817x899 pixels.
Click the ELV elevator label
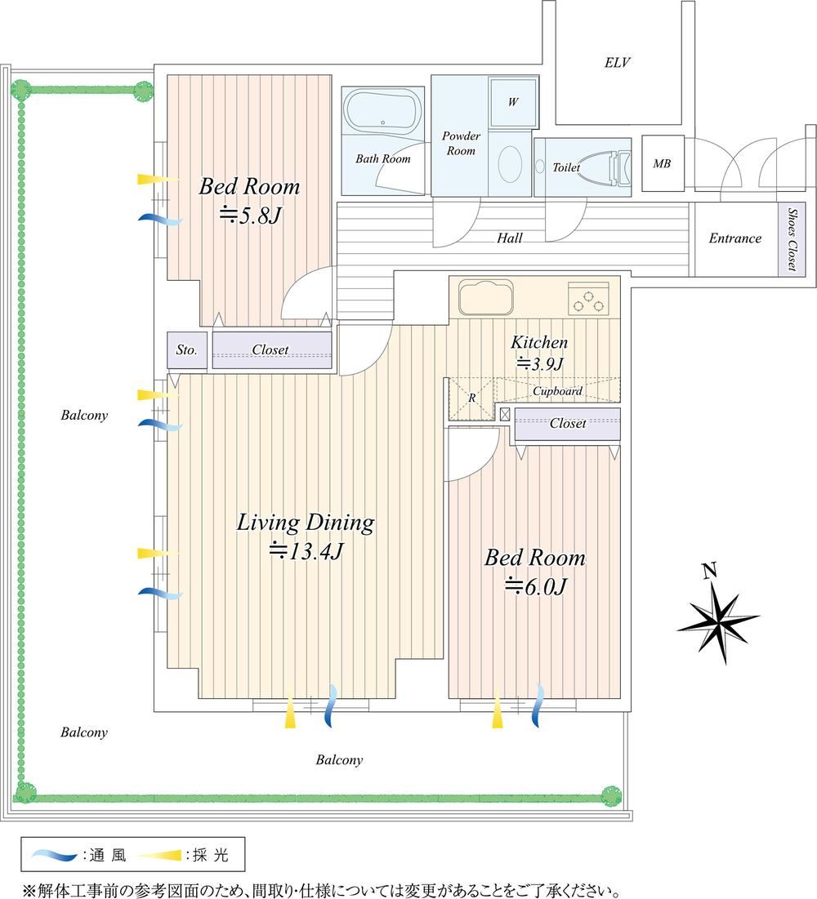(617, 62)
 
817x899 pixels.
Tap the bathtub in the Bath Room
(382, 111)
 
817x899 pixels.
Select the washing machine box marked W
(513, 101)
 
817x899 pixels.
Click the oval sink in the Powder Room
(510, 164)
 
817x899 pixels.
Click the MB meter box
(663, 163)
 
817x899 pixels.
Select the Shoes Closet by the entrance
(792, 238)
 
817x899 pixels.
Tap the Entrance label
(735, 238)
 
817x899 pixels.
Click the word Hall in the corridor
(510, 238)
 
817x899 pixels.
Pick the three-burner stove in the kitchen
(588, 298)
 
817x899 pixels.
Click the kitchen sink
(485, 297)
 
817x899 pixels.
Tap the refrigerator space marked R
(471, 398)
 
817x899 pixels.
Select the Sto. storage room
(187, 349)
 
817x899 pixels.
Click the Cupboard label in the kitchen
(557, 391)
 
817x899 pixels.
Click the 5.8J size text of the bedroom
(249, 216)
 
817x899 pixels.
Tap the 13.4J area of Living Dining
(306, 551)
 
